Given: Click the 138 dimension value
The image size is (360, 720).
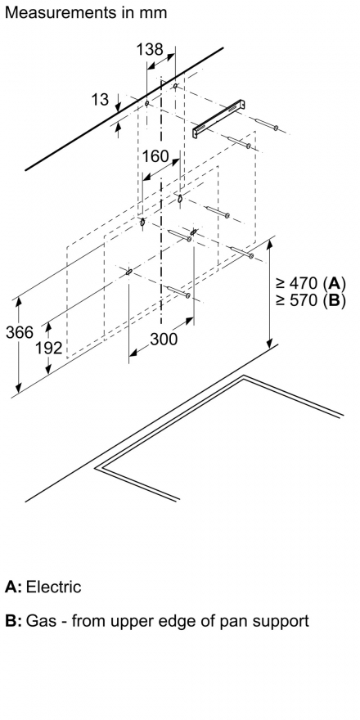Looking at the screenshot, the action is (149, 49).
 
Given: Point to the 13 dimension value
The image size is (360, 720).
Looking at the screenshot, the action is (100, 99).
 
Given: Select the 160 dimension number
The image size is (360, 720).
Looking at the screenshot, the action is (155, 156).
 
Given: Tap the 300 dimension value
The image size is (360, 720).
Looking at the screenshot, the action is (164, 339).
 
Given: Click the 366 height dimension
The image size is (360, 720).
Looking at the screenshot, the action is (20, 332).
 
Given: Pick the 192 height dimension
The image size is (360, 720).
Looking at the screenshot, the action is (48, 348).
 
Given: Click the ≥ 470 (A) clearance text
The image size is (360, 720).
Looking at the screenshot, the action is (310, 282).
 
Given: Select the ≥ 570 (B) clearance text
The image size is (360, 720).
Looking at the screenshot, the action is (310, 299).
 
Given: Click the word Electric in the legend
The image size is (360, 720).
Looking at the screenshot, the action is (54, 587).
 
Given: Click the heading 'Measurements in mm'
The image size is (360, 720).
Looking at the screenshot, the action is (86, 12).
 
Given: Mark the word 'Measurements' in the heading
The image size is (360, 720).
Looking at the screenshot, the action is (61, 12).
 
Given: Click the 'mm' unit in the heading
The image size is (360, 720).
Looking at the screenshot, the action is (153, 14).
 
